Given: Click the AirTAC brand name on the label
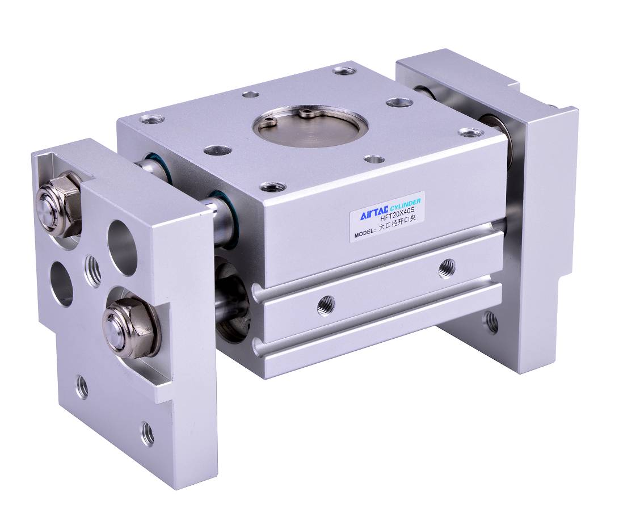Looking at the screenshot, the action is click(x=373, y=213).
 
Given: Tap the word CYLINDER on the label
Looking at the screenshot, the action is click(x=406, y=205).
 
